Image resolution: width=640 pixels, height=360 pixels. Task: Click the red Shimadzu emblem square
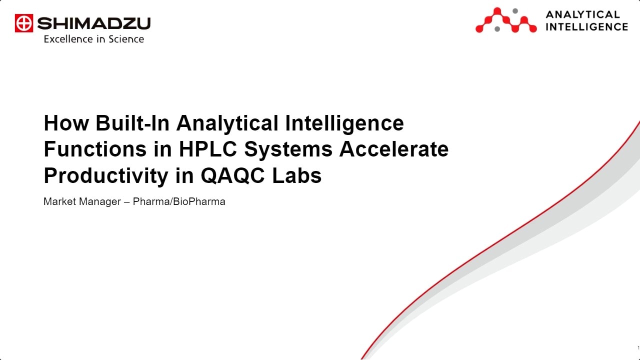point(23,23)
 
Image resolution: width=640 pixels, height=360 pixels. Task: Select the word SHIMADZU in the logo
point(93,23)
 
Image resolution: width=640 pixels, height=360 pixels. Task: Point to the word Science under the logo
point(126,39)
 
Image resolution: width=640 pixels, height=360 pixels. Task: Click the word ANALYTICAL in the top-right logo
point(582,14)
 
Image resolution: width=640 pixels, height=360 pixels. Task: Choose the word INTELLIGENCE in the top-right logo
point(586,27)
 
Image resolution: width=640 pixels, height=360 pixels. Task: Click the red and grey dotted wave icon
point(505,20)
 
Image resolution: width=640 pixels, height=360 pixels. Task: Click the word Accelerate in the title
point(394,149)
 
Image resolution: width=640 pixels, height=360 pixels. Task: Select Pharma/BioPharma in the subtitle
point(179,202)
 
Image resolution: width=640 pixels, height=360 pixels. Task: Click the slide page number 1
point(638,348)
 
